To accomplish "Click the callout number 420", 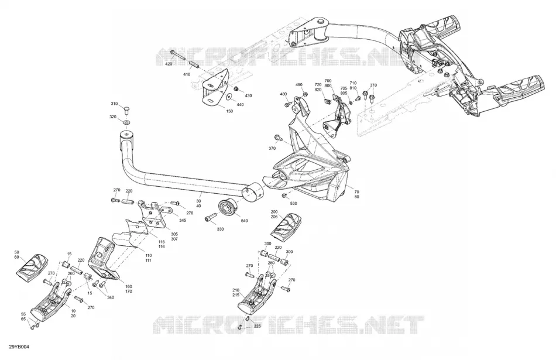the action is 169,64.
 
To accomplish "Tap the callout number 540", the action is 244,221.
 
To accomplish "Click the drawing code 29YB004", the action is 19,347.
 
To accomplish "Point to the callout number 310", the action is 114,104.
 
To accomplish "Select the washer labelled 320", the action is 126,122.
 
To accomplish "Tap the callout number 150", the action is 229,111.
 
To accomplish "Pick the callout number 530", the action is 294,204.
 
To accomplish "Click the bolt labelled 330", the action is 211,217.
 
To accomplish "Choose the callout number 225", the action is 257,325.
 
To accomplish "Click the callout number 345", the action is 182,221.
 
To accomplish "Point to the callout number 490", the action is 299,85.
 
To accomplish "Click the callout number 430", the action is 248,96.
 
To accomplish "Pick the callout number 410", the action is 187,74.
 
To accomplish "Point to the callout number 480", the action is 283,94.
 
